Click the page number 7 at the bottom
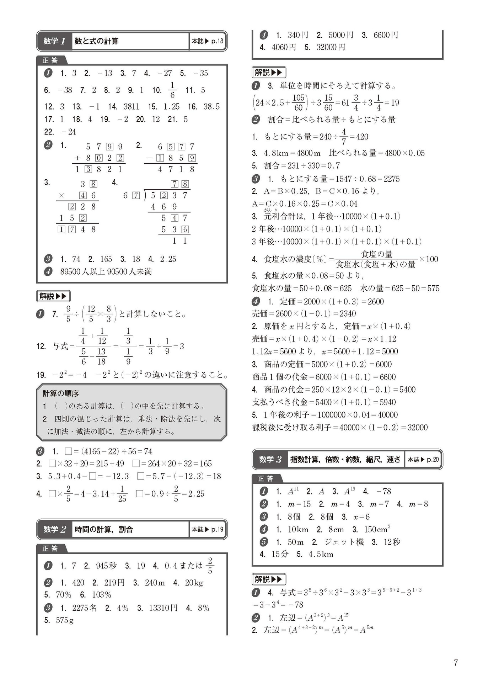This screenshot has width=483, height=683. click(x=456, y=662)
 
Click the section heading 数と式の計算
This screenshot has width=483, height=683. click(x=96, y=41)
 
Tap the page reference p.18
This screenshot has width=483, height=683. click(x=217, y=41)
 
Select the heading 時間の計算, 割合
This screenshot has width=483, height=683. click(x=103, y=529)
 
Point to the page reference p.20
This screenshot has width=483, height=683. click(x=433, y=459)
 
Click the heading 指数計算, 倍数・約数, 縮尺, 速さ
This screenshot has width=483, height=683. click(x=345, y=459)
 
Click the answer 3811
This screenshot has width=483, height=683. click(x=131, y=106)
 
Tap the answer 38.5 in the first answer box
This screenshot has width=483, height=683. click(x=211, y=106)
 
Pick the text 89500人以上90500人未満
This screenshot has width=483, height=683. click(x=106, y=272)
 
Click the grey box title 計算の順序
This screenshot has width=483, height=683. click(x=61, y=393)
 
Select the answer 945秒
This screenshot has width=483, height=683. click(x=106, y=566)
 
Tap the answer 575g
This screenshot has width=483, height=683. click(x=65, y=620)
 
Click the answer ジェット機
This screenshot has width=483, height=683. click(x=344, y=542)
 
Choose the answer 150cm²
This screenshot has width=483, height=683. click(x=377, y=529)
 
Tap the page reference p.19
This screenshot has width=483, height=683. click(x=217, y=529)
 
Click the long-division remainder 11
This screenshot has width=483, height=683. click(x=179, y=241)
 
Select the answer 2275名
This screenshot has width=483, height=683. click(x=84, y=608)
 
